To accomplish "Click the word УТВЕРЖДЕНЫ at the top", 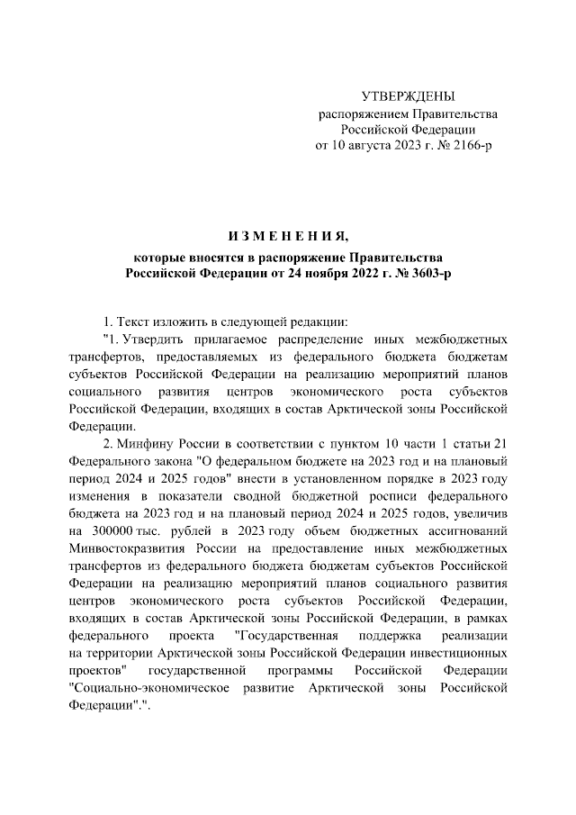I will pos(408,96).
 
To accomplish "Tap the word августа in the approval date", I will pos(369,144).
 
